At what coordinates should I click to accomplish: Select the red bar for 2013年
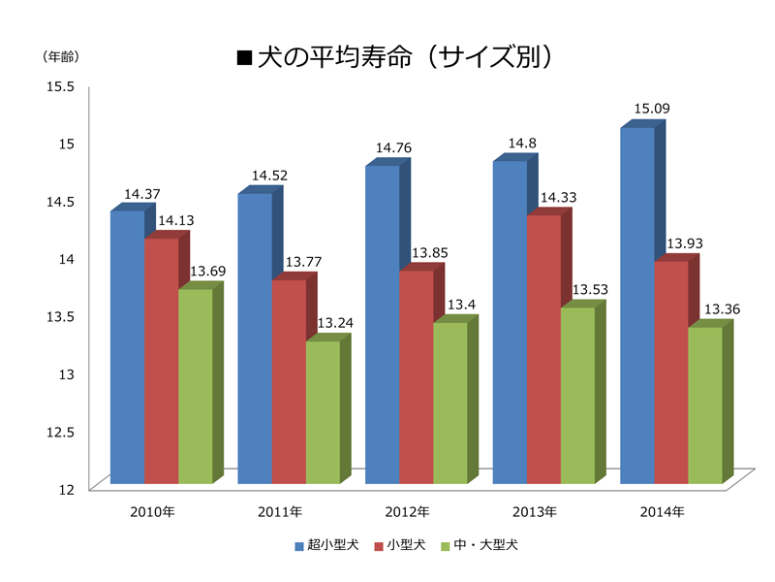543,349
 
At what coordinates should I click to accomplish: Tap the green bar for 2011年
323,412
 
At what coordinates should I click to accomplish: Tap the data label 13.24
335,323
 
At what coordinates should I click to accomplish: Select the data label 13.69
207,271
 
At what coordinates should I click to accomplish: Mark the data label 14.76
393,147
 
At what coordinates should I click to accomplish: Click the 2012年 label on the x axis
406,511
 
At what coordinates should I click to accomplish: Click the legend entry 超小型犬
325,546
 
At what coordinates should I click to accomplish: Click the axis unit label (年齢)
60,56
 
